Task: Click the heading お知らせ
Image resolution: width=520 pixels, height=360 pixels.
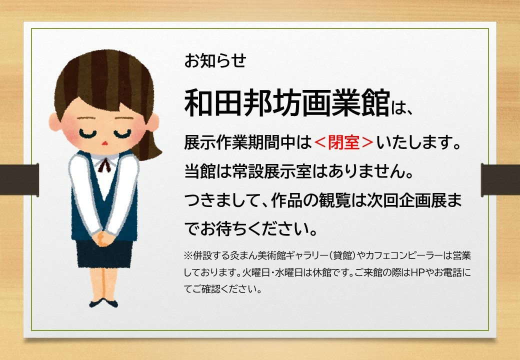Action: click(x=215, y=60)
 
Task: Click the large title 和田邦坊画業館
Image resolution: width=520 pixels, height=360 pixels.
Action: click(x=287, y=103)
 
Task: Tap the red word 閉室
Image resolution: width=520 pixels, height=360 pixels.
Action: click(x=344, y=142)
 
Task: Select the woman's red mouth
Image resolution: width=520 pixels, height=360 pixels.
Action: click(x=105, y=143)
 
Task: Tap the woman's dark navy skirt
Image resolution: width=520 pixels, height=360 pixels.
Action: click(x=104, y=254)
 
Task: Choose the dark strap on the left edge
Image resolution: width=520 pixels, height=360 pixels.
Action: click(x=19, y=179)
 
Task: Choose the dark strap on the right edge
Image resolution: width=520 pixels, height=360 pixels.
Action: click(x=500, y=179)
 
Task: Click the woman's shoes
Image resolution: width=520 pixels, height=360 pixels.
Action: click(x=103, y=302)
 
